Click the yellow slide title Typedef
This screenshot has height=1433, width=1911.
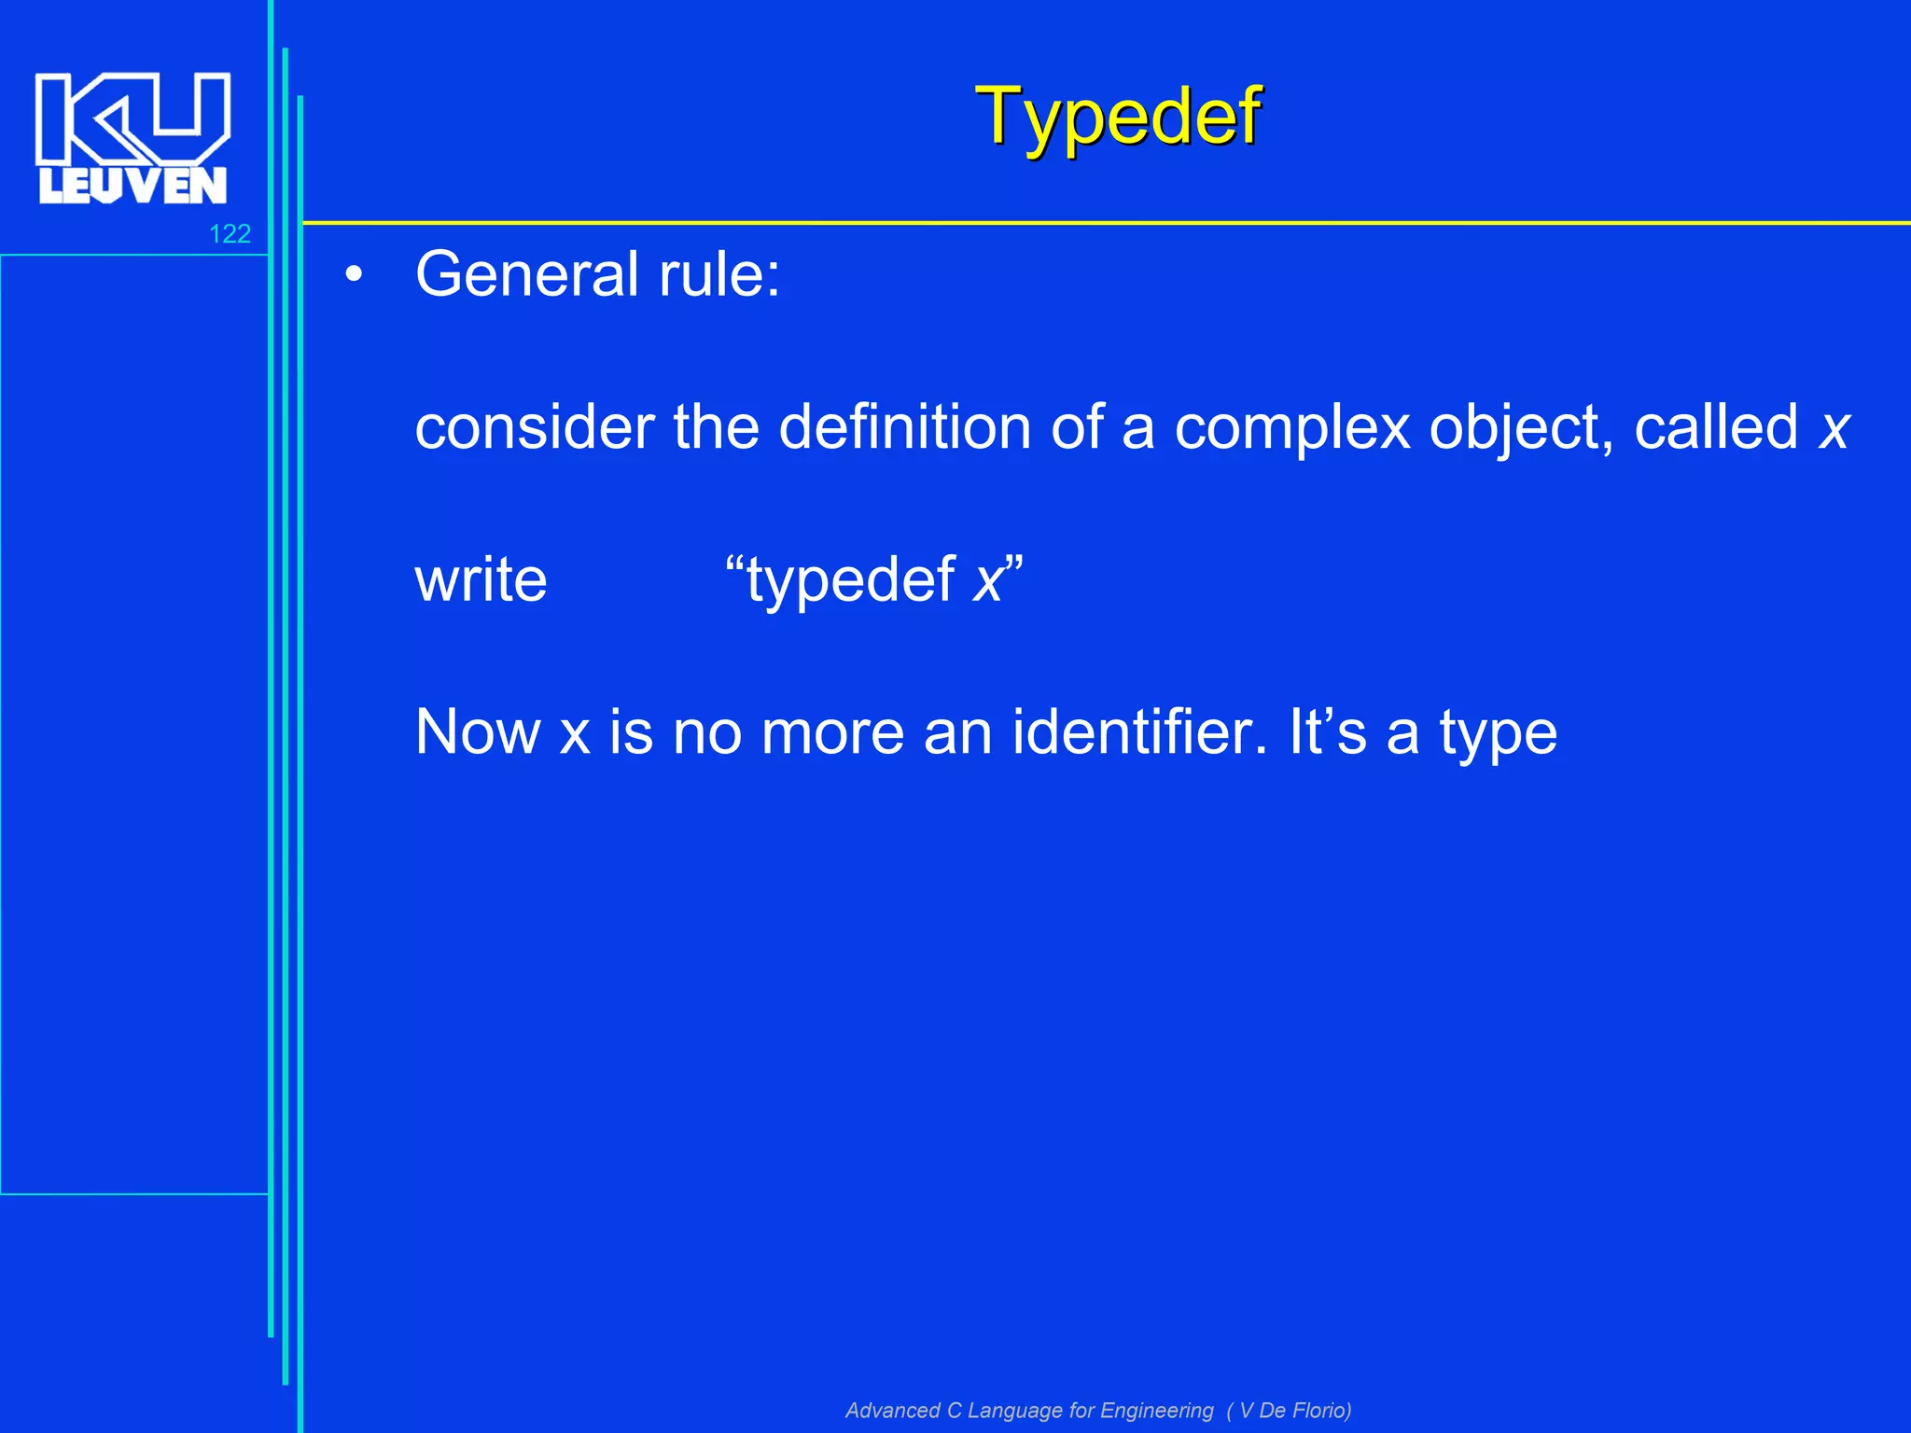[1117, 117]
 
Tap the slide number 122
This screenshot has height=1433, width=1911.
[230, 233]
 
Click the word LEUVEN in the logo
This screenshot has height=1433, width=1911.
[133, 186]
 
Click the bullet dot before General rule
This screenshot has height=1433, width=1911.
[353, 275]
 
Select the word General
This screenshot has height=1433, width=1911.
[527, 274]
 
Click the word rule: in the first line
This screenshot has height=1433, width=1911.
[719, 274]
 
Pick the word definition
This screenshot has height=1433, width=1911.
[904, 427]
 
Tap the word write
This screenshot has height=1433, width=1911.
[481, 579]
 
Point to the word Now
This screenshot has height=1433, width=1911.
[478, 731]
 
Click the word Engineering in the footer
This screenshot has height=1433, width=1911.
[1156, 1411]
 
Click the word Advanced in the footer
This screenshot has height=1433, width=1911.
[892, 1411]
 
